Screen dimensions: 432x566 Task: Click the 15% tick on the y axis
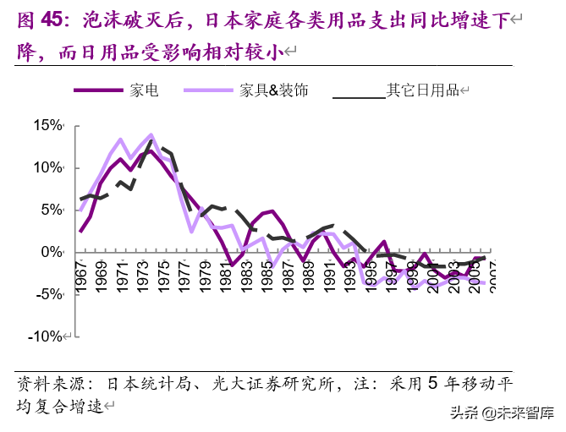48,125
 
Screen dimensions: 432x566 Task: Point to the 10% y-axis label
48,167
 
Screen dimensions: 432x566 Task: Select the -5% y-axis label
50,294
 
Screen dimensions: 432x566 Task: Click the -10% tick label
47,336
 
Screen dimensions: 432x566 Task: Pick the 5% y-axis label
52,210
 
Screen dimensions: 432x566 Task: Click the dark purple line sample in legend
100,90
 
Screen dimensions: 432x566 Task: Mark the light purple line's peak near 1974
151,134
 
